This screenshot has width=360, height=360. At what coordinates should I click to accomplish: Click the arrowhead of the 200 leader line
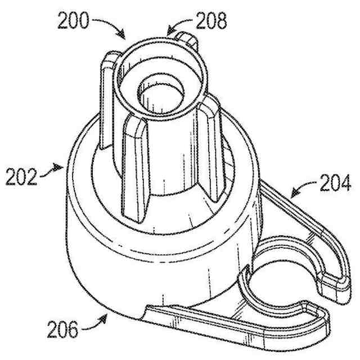tap(124, 37)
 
